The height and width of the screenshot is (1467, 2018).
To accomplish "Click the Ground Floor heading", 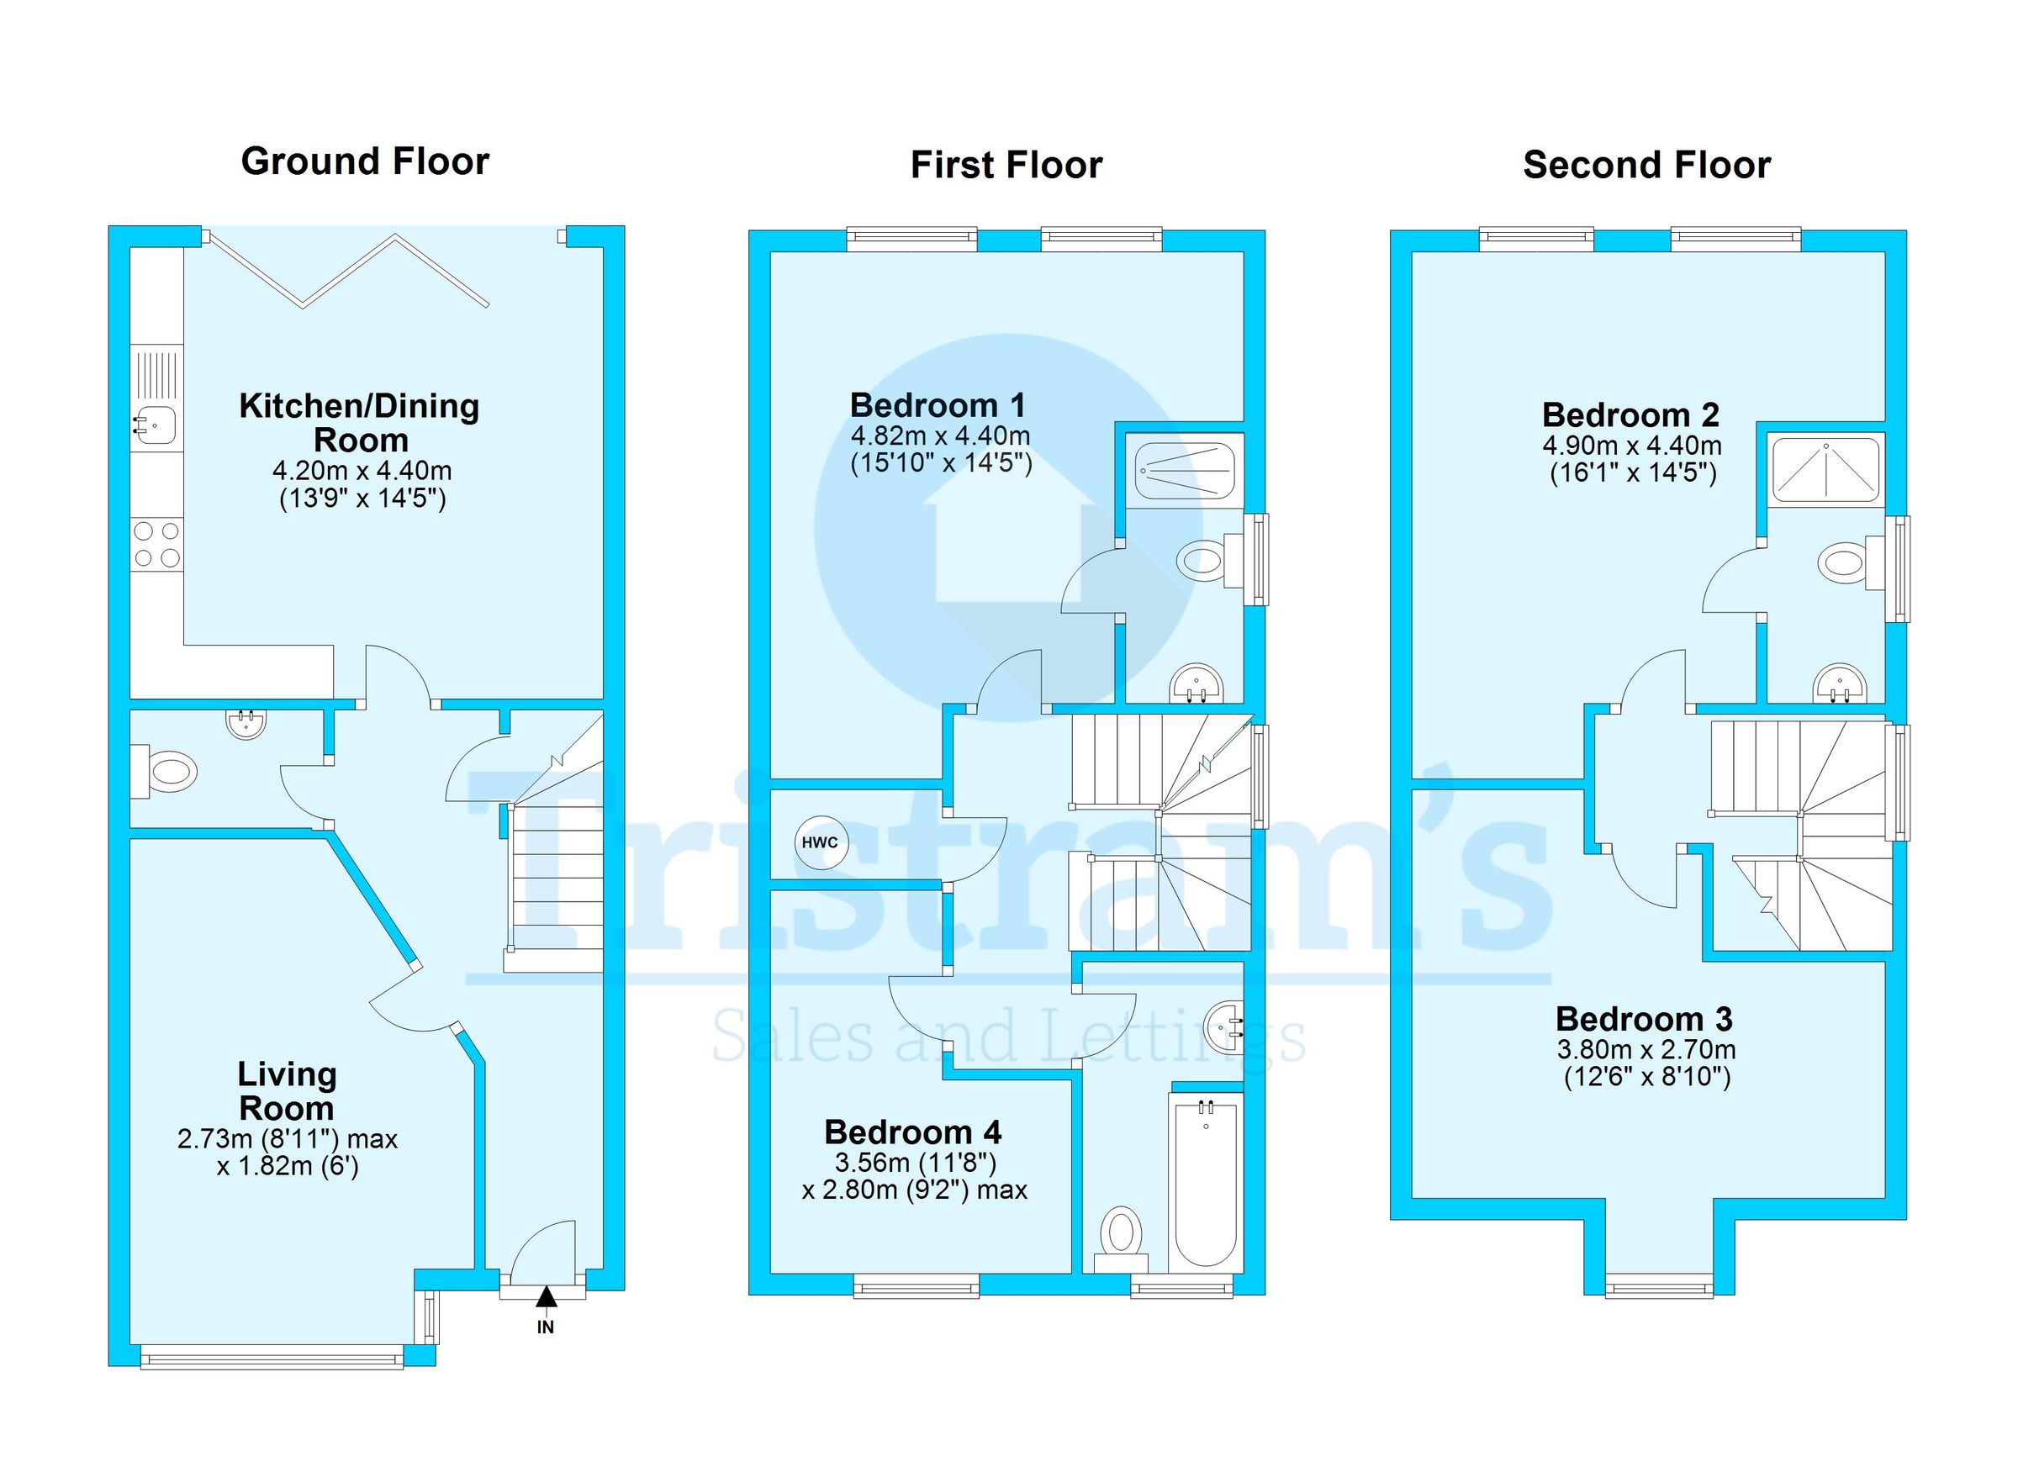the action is [x=365, y=162].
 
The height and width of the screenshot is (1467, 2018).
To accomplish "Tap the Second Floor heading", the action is [x=1647, y=166].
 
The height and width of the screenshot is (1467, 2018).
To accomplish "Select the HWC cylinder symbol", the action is [x=821, y=842].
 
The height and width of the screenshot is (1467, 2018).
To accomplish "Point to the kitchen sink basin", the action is [x=155, y=425].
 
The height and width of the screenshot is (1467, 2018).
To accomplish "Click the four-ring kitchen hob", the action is [x=156, y=545].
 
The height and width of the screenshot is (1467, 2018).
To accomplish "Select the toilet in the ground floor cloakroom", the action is [x=164, y=770].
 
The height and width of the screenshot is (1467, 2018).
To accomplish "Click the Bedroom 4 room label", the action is [x=913, y=1132].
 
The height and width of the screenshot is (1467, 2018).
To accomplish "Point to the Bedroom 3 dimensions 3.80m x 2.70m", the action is [x=1646, y=1050].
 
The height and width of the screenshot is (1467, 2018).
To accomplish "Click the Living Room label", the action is [x=287, y=1091].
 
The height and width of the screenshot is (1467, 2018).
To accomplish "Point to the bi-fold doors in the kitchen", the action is [x=347, y=271].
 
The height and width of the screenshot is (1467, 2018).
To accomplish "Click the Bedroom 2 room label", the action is [x=1631, y=415].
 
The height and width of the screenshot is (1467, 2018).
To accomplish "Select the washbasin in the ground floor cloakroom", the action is [x=246, y=724].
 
